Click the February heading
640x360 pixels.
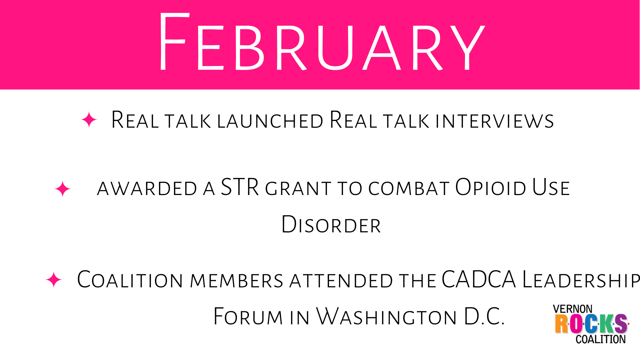(x=322, y=42)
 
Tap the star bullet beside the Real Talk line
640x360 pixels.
(x=89, y=120)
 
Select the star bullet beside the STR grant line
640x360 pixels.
(x=63, y=189)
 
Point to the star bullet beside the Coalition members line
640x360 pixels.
(x=54, y=280)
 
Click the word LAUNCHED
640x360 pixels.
(x=270, y=121)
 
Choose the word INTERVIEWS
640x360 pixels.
(x=495, y=121)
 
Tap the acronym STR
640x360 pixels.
(x=240, y=187)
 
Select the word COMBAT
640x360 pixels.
(x=409, y=188)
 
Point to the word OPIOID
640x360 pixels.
(x=491, y=187)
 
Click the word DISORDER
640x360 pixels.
(x=331, y=224)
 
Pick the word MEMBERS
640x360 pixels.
(x=236, y=281)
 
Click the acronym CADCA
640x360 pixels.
(x=479, y=279)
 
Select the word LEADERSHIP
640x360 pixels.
(x=581, y=279)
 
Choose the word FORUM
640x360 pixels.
(x=248, y=316)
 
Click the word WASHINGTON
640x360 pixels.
(x=386, y=316)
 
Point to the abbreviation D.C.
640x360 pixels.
(x=484, y=316)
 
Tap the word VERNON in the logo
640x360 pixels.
(x=573, y=309)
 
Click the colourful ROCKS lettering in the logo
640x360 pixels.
(x=591, y=324)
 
